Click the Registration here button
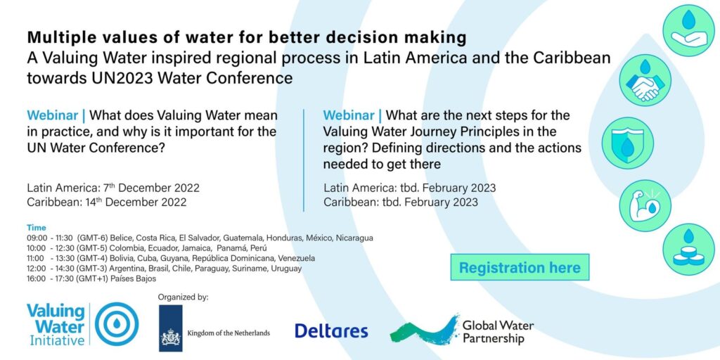point(520,267)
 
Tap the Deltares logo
point(331,331)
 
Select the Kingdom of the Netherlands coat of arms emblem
point(170,328)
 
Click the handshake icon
point(645,80)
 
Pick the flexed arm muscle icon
point(645,206)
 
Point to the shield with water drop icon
point(627,143)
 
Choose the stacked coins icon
point(688,250)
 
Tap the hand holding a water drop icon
point(688,30)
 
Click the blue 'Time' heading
point(37,228)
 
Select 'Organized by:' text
point(184,297)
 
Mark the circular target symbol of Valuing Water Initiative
point(117,324)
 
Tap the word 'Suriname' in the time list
point(252,268)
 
